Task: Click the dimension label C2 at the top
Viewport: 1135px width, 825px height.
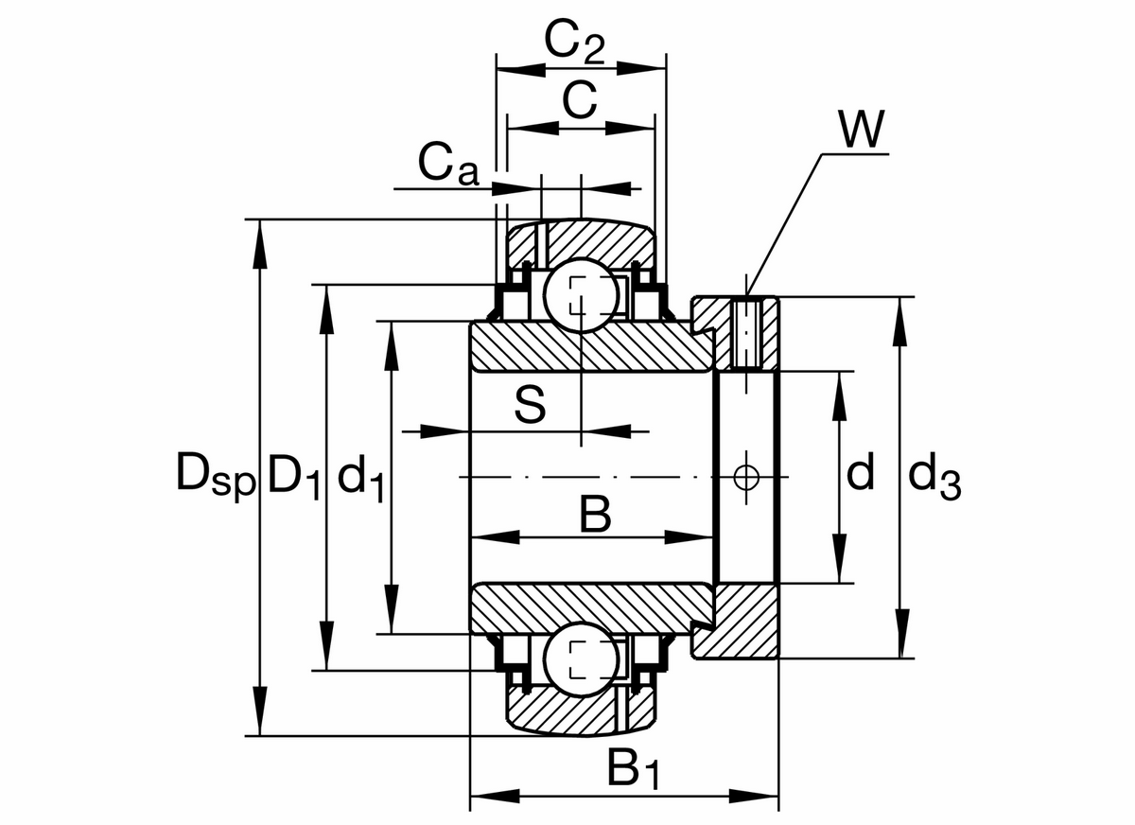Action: pos(575,42)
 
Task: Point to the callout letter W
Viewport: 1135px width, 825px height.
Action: pos(861,131)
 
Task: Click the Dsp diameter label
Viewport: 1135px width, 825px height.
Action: pos(216,474)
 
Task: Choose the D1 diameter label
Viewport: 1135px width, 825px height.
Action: pos(296,474)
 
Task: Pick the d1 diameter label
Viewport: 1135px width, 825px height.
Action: pos(360,476)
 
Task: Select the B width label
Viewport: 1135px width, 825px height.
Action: pos(595,516)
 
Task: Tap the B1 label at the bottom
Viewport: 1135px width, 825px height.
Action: pos(632,770)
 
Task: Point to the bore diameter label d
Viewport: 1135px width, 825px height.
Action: pos(860,472)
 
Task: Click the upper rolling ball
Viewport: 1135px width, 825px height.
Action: pos(581,294)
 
